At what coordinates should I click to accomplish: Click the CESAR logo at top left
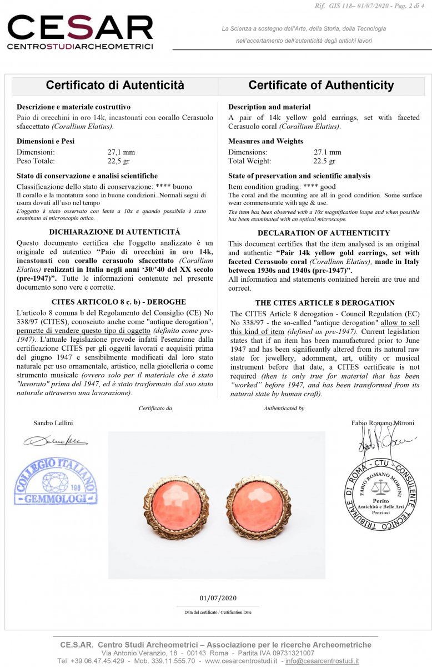point(80,32)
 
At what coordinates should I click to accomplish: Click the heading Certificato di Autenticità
point(115,85)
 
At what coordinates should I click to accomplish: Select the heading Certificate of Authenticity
point(321,85)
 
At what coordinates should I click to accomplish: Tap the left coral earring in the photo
point(175,507)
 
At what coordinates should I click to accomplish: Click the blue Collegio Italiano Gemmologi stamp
point(56,481)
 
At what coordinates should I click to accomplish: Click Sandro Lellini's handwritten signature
point(56,441)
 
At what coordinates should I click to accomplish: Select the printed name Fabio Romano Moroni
point(383,422)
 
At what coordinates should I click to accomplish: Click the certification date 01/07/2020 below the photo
point(218,598)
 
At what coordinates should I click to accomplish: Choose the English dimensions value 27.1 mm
point(328,152)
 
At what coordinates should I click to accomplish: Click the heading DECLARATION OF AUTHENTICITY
point(324,233)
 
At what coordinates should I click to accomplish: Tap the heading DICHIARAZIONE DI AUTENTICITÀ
point(114,232)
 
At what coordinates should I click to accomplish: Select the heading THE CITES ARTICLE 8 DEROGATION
point(325,303)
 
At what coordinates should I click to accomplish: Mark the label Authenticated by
point(284,408)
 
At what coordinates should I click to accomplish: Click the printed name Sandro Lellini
point(53,422)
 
